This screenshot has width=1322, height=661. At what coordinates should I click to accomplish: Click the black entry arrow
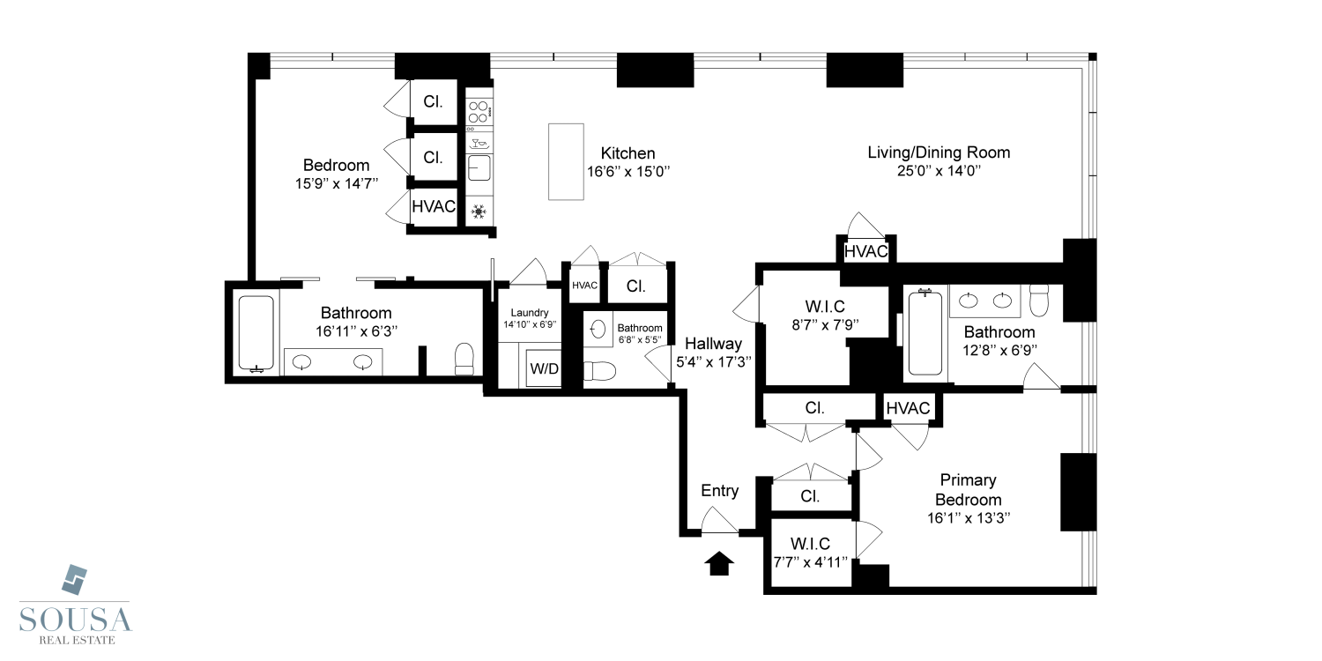coord(720,563)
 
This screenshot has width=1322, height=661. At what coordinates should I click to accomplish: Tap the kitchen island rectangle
coord(566,161)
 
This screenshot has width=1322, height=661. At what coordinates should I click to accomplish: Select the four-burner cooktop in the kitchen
coord(479,112)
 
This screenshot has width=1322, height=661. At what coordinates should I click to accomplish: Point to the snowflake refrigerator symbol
coord(479,211)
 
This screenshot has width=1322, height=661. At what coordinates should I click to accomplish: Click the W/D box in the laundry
coord(543,368)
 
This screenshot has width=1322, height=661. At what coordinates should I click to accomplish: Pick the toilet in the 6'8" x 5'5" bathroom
coord(598,371)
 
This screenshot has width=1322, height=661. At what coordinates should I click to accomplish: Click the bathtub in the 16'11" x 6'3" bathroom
coord(256,333)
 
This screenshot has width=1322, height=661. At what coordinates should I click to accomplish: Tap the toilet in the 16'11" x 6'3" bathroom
coord(464,359)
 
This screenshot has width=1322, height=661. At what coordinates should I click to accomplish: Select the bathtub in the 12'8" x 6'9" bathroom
coord(925,333)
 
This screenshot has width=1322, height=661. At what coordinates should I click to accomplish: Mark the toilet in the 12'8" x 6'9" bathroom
coord(1038,301)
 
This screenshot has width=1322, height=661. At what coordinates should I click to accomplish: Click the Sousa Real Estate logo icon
coord(75,578)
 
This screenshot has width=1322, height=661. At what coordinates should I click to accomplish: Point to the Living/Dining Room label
coord(939,152)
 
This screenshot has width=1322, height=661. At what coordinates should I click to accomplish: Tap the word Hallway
coord(709,344)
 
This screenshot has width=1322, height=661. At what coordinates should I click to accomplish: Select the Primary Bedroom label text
coord(968,489)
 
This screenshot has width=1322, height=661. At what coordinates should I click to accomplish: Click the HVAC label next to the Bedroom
coord(434,207)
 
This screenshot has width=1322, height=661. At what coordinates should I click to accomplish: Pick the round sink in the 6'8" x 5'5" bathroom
coord(597,330)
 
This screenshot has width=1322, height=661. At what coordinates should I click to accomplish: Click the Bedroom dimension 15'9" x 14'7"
coord(336,184)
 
